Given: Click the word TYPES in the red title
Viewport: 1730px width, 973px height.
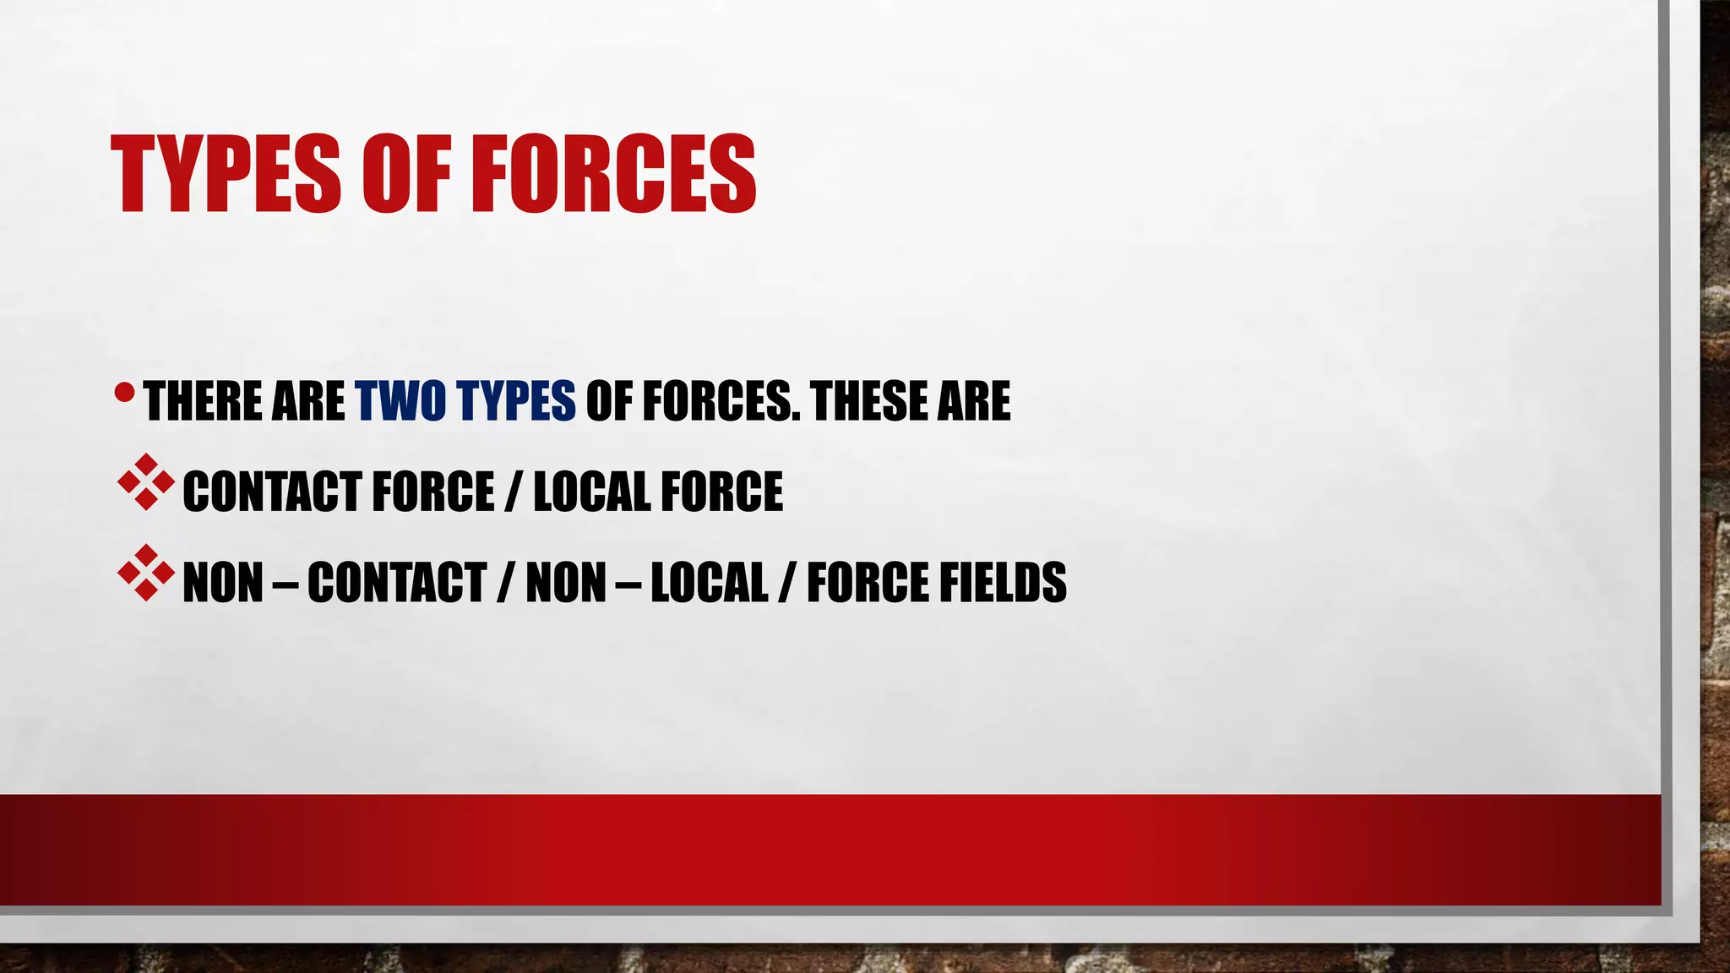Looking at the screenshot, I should (x=226, y=174).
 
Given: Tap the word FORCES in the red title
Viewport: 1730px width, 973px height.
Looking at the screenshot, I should (x=612, y=174).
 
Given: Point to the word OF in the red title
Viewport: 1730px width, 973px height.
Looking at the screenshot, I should (x=402, y=174).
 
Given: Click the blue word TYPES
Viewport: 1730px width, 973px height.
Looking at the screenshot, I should (x=515, y=401).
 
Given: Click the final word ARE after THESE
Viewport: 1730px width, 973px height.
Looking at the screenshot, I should (x=973, y=401).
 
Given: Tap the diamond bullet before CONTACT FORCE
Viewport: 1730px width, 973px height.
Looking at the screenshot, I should (x=146, y=482).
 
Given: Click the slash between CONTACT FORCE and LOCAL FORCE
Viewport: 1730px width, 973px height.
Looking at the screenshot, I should (x=513, y=492).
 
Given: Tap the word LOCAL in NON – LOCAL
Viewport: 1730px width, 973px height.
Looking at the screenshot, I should (x=709, y=583).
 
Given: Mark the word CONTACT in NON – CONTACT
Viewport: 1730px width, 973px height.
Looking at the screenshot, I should (x=396, y=583).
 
